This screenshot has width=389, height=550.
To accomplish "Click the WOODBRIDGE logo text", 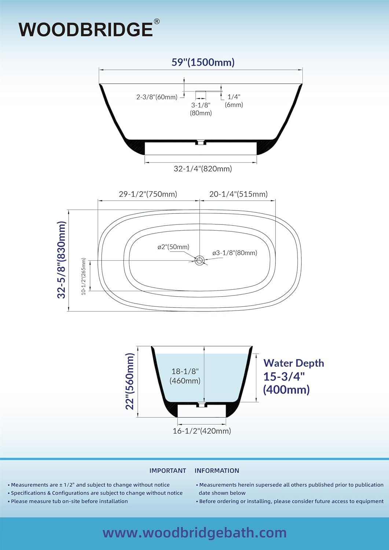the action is click(x=86, y=30).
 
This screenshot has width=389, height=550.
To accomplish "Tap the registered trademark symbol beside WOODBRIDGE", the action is click(x=157, y=22).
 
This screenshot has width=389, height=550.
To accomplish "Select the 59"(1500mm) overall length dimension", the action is click(x=203, y=62).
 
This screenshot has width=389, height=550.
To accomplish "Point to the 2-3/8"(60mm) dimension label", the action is click(x=157, y=97).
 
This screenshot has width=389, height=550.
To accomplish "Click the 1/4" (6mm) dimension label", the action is click(x=234, y=101).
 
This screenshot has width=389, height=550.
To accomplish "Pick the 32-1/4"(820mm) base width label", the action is click(x=203, y=169).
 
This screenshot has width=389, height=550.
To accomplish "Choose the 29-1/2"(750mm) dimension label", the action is click(x=148, y=194).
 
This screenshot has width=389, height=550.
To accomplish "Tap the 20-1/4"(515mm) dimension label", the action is click(x=238, y=194).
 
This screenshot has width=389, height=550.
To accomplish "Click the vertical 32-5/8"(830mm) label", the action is click(x=62, y=260).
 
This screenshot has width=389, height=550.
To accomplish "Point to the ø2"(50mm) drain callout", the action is click(x=173, y=247).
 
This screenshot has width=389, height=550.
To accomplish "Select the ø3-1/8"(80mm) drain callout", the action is click(x=235, y=253).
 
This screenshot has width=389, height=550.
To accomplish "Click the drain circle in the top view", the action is click(x=199, y=260).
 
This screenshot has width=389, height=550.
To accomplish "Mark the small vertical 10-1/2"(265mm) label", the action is click(x=84, y=276).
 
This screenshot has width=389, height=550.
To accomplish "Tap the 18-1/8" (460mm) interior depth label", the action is click(x=185, y=376).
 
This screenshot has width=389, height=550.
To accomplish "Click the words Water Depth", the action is click(x=294, y=363).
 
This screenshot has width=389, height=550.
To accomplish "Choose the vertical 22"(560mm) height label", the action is click(x=130, y=382).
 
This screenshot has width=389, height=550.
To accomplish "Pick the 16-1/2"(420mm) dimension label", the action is click(x=202, y=431).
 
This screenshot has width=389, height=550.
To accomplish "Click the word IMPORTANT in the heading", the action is click(x=168, y=471).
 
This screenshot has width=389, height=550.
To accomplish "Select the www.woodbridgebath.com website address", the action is click(x=194, y=533).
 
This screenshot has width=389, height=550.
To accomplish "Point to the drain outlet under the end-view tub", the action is click(x=201, y=405).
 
